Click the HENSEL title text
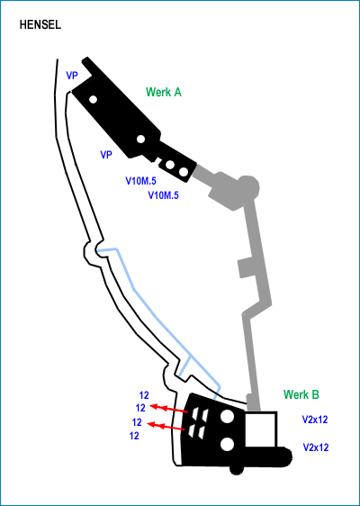pos(40,25)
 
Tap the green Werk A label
pos(164,93)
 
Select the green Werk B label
pos(301,394)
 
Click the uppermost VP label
pos(72,76)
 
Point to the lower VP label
pos(106,155)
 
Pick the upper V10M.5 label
pos(140,181)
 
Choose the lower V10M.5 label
pos(163,195)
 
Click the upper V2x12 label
pos(315,420)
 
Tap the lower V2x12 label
pos(316,447)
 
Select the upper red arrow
pos(169,409)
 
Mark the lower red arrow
pos(166,426)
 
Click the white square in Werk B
pos(261,429)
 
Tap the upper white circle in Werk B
pos(227,417)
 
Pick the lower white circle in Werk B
pos(228,444)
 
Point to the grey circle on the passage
pos(247,186)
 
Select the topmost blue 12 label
pos(144,395)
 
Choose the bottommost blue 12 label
pos(134,436)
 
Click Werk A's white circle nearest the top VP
pos(94,99)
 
